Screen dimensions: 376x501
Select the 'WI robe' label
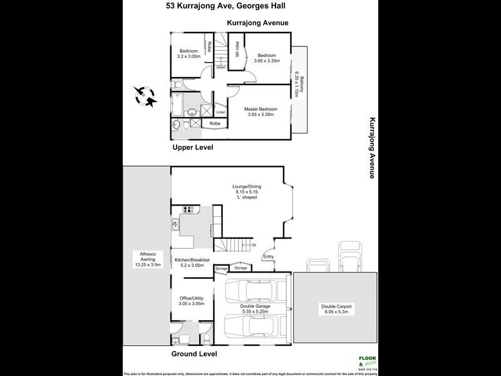point(237,49)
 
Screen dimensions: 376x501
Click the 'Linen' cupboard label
point(220,113)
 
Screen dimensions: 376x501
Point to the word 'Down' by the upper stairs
point(221,67)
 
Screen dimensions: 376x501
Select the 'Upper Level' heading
point(193,147)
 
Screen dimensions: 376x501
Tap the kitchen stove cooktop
point(187,209)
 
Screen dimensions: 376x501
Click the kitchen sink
point(175,225)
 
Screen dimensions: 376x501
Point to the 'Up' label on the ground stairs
point(254,244)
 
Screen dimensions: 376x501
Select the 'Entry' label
point(269,256)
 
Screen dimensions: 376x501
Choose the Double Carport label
point(336,308)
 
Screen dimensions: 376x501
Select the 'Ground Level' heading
point(194,354)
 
